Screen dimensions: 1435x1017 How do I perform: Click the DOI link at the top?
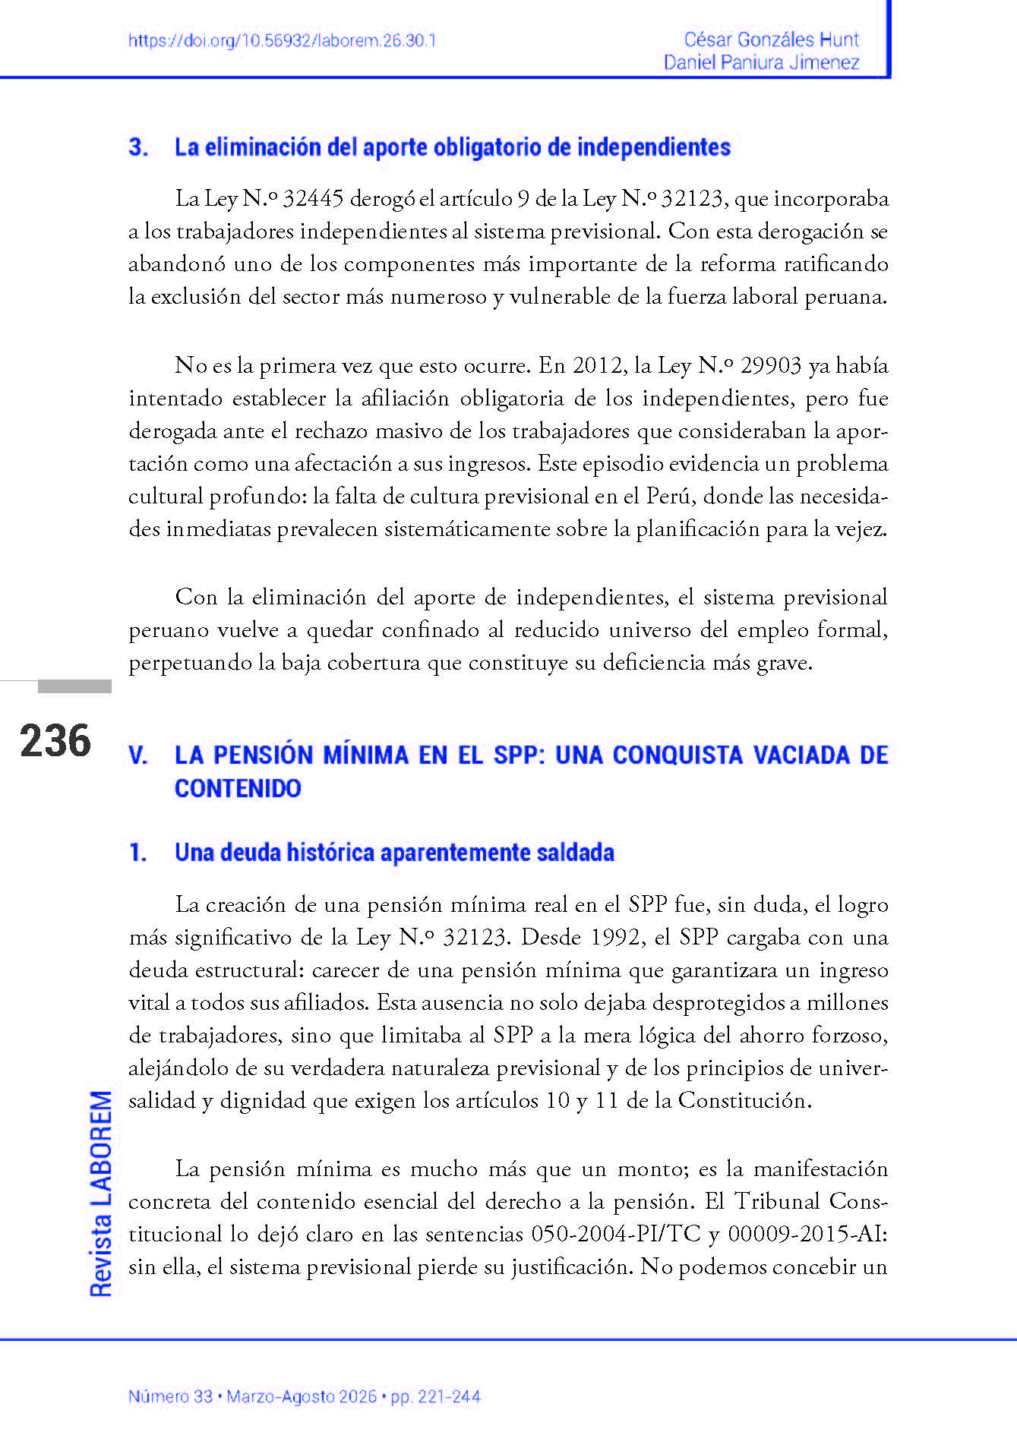click(x=282, y=41)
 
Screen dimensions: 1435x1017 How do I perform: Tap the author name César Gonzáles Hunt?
click(x=771, y=39)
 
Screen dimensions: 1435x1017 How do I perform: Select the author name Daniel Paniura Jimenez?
click(x=761, y=62)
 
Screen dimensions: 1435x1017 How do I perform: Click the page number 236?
click(x=55, y=741)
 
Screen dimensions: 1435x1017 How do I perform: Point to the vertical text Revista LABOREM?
click(x=101, y=1193)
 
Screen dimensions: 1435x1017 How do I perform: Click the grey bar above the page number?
click(x=74, y=686)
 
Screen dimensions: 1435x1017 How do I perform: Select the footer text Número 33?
click(x=170, y=1396)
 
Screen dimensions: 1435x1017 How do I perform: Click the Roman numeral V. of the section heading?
click(x=138, y=755)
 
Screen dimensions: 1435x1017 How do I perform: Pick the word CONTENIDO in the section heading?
click(x=238, y=788)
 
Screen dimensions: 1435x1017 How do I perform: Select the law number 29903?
click(x=770, y=366)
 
